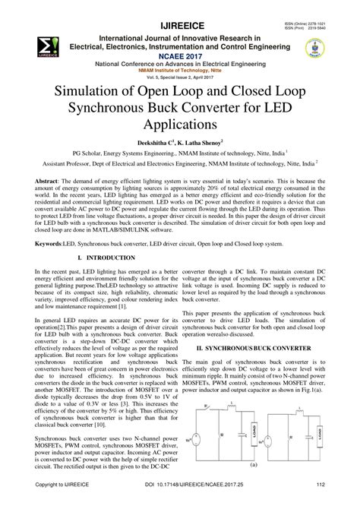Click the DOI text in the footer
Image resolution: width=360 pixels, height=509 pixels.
click(179, 503)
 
